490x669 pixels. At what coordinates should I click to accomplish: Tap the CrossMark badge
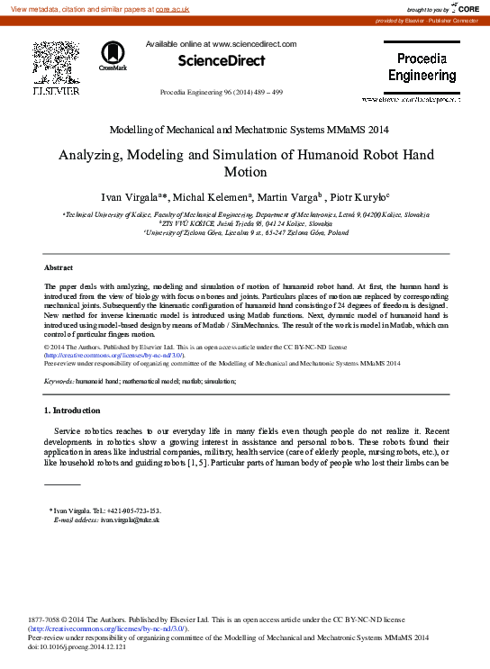click(x=113, y=56)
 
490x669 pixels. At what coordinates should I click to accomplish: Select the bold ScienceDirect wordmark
click(x=222, y=61)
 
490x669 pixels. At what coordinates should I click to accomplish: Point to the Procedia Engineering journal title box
click(x=422, y=68)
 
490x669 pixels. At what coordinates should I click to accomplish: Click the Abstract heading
click(x=59, y=267)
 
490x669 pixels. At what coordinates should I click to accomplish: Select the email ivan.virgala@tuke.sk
click(x=130, y=520)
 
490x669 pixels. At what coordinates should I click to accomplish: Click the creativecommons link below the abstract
click(x=114, y=355)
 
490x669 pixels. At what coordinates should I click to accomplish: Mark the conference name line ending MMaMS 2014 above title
click(x=245, y=130)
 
